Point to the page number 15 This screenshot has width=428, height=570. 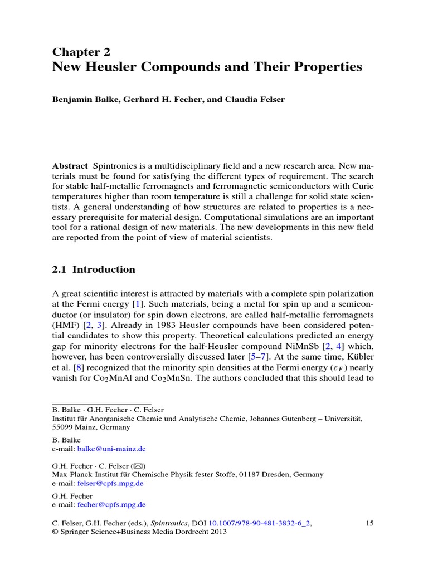tap(369, 523)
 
